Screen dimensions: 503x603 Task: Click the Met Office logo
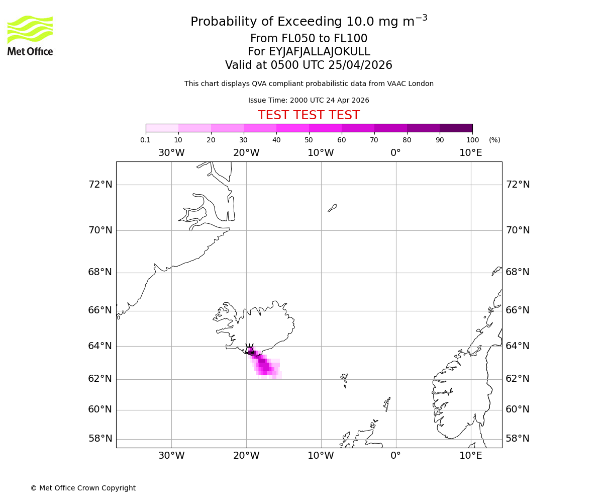click(x=30, y=35)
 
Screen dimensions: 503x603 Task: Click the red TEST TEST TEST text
click(x=309, y=115)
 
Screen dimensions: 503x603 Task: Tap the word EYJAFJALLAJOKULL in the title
click(x=320, y=52)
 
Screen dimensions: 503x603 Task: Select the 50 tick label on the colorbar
click(x=309, y=140)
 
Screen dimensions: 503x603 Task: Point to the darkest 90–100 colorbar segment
click(x=456, y=128)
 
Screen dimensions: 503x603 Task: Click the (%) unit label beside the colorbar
click(x=494, y=140)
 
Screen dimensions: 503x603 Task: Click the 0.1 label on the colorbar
click(x=146, y=140)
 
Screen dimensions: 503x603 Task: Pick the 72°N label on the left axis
click(x=100, y=185)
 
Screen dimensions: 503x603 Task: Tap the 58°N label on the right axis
click(x=518, y=439)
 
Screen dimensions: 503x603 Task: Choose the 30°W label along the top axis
click(x=171, y=153)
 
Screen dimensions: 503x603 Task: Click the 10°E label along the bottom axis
click(x=471, y=456)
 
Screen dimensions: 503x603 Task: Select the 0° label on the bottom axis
click(x=396, y=456)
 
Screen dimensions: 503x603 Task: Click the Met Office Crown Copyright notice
click(x=83, y=488)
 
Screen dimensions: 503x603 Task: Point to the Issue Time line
click(x=309, y=100)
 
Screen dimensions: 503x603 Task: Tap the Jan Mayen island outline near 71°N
click(x=332, y=208)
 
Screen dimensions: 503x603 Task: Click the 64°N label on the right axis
click(x=518, y=346)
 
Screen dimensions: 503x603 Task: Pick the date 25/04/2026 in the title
click(x=360, y=65)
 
